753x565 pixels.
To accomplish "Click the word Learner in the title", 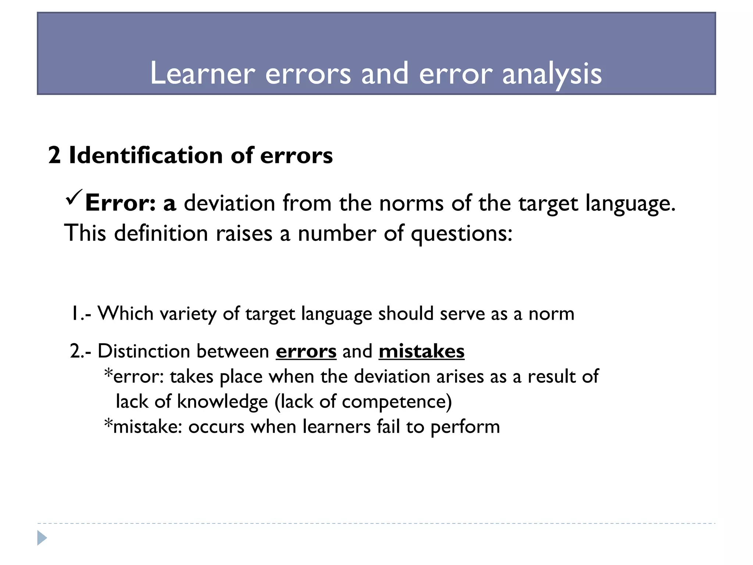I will click(203, 74).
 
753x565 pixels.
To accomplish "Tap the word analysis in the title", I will click(552, 74).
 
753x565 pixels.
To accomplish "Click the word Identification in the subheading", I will click(146, 155).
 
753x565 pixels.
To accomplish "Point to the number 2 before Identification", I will click(54, 155).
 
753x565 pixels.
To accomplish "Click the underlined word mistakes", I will click(421, 351).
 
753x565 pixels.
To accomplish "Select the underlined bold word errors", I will click(306, 351).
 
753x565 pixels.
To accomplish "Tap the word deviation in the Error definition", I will click(229, 203).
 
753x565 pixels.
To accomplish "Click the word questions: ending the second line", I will click(461, 234).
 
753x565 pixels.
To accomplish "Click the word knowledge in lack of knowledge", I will click(222, 401).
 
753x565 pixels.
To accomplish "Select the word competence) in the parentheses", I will click(397, 401).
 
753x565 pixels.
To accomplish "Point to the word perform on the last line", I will click(465, 427).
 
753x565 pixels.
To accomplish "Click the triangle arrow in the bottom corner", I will click(42, 538).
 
